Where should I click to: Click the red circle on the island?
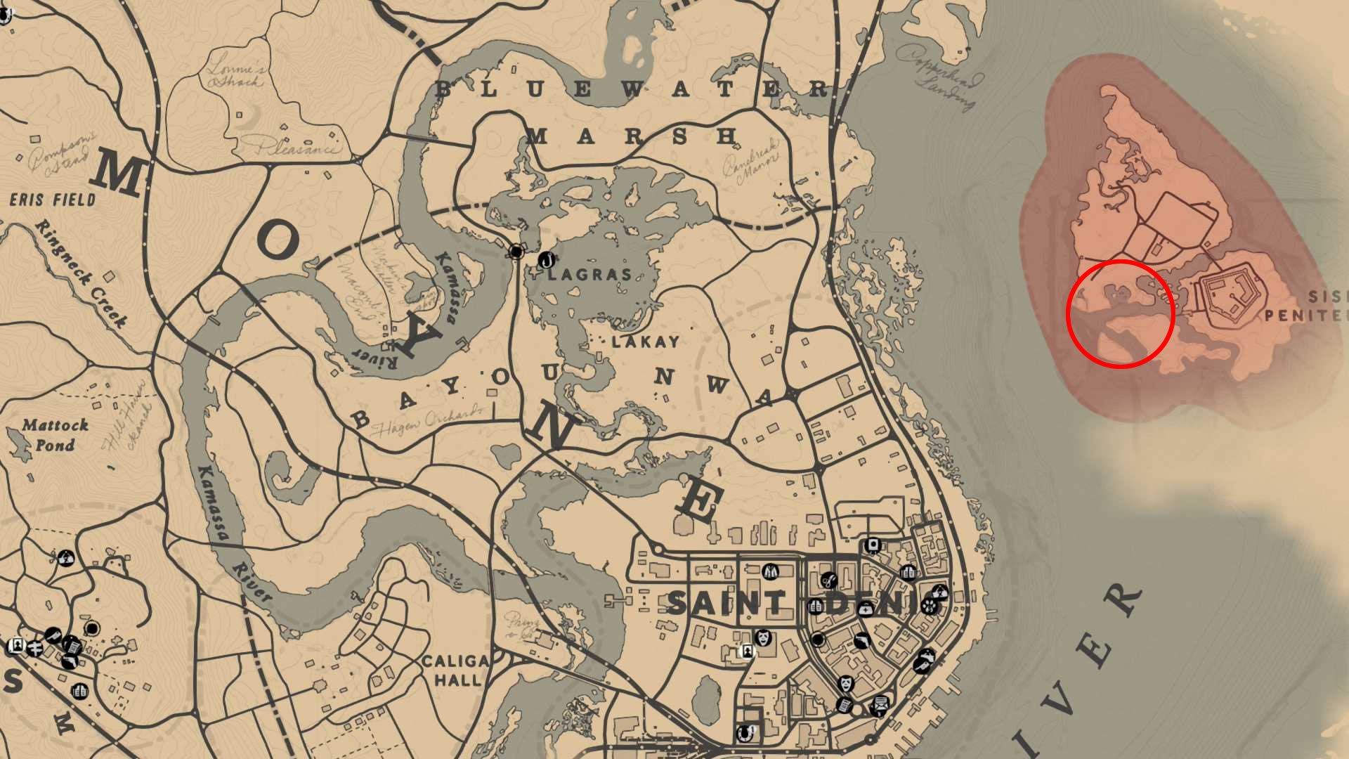[x=1120, y=313]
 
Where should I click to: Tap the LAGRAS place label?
[x=590, y=274]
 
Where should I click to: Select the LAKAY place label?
[x=645, y=342]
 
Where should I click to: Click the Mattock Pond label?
[x=55, y=435]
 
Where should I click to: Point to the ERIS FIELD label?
[x=53, y=200]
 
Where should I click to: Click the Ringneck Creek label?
[x=82, y=273]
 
